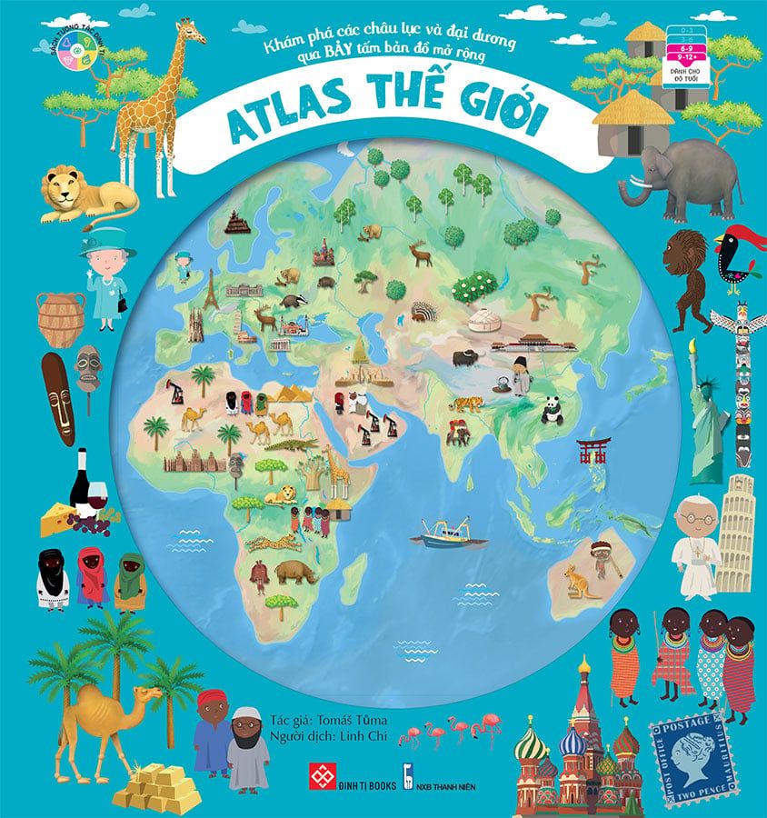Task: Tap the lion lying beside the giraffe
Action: [x=86, y=195]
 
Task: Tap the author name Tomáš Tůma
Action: [x=335, y=720]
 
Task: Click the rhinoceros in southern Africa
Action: [x=296, y=572]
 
